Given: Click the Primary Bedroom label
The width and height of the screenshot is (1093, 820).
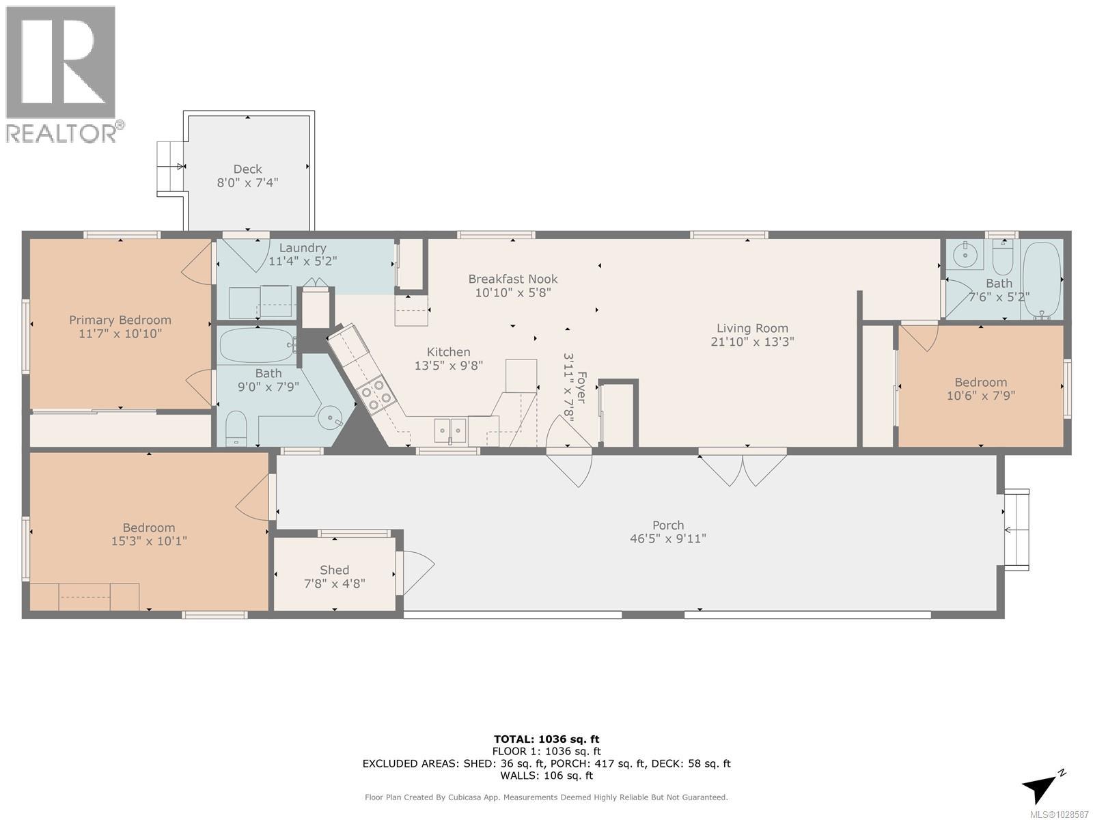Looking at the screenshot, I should click(x=120, y=320).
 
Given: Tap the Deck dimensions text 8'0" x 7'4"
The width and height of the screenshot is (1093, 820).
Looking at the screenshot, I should click(x=247, y=183).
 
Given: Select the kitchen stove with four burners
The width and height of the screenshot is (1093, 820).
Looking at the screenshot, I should click(x=374, y=395).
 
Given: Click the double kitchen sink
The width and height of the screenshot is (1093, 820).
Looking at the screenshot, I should click(x=451, y=430).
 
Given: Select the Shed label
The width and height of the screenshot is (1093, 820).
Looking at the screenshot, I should click(x=335, y=570).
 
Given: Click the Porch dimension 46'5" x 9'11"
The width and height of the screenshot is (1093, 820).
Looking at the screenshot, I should click(x=667, y=538).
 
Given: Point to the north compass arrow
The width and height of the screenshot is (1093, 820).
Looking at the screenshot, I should click(x=1042, y=787).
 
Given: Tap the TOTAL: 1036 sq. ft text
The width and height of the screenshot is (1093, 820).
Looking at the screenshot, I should click(x=546, y=739).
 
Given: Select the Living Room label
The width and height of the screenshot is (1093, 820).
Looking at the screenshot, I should click(x=752, y=328).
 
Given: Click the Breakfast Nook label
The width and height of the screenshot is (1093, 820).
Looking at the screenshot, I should click(x=512, y=279).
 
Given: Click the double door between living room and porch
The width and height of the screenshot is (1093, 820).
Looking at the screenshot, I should click(x=743, y=467).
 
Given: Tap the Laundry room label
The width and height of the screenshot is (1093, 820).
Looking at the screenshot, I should click(x=302, y=248).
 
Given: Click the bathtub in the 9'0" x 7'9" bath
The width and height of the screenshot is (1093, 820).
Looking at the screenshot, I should click(x=256, y=344).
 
